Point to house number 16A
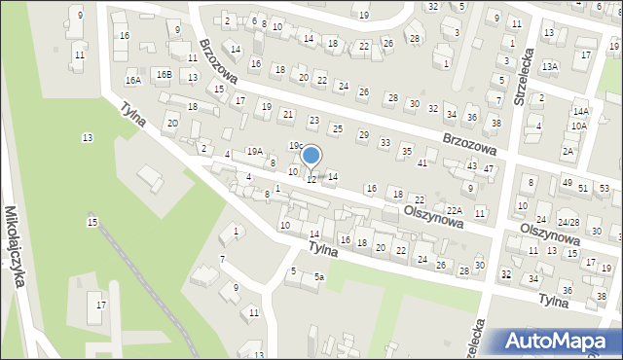[133, 80]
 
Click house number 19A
[254, 151]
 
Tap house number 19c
[295, 146]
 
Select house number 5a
[318, 277]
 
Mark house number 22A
[454, 210]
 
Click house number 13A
[550, 66]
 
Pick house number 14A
[580, 113]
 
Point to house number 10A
[579, 126]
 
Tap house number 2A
[568, 151]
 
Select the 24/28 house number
[568, 222]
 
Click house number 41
[421, 162]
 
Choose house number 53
[605, 187]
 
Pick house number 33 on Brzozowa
[385, 143]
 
